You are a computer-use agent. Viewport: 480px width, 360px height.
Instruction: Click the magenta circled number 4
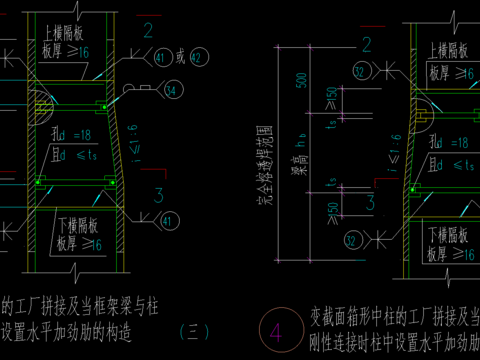click(x=274, y=329)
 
